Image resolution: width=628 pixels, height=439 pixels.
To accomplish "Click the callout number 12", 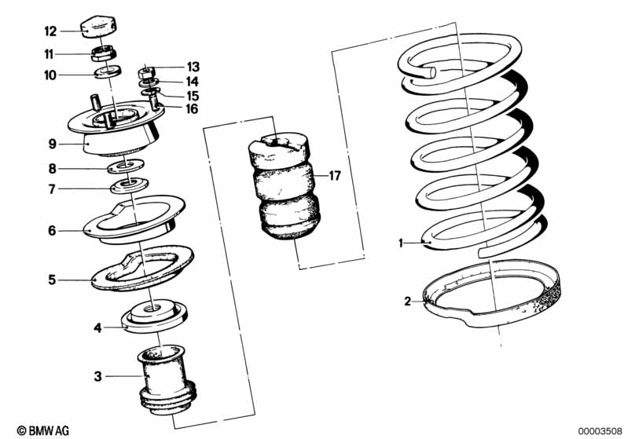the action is (x=50, y=31).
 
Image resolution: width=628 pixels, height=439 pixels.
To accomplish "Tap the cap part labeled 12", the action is (x=99, y=27).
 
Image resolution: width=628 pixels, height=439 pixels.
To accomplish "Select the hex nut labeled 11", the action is (x=104, y=53).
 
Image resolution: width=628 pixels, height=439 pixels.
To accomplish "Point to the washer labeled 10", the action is (x=108, y=71).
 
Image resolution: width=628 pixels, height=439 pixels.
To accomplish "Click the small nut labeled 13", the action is (x=147, y=73).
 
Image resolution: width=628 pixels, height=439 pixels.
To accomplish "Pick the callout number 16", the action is (x=192, y=108).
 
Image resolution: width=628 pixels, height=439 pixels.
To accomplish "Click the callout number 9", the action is (x=53, y=144).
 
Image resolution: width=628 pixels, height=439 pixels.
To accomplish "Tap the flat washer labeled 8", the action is (x=126, y=166).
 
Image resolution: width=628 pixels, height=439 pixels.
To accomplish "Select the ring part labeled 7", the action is (x=130, y=185).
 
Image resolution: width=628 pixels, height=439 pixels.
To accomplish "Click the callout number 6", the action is (x=52, y=231).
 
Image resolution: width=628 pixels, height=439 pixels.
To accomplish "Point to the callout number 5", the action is (x=52, y=280).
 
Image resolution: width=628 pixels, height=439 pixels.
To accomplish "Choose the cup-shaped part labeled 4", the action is (x=155, y=316).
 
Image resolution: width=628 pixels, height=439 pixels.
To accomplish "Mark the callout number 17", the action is (x=334, y=176).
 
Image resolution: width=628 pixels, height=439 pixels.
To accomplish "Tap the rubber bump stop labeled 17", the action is (x=280, y=185).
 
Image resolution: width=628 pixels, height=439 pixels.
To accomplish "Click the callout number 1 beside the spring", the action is (x=401, y=243).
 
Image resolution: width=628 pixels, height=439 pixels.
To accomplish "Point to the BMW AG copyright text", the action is (x=43, y=430).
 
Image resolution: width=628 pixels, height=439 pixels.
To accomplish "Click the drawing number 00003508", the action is (x=600, y=431).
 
